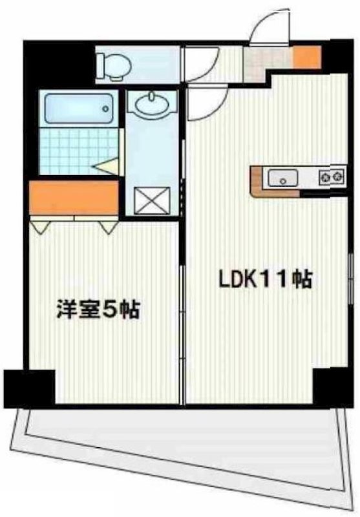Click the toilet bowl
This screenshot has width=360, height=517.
point(112,63)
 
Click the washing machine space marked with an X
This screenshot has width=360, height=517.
point(153,199)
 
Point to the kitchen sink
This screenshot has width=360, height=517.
point(282,176)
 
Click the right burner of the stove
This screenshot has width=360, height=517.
point(337,175)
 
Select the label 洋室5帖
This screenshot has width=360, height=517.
point(97,310)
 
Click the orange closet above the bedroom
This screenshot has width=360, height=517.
point(74,198)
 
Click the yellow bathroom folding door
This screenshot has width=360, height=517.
point(107,165)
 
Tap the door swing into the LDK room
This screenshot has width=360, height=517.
point(205,103)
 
